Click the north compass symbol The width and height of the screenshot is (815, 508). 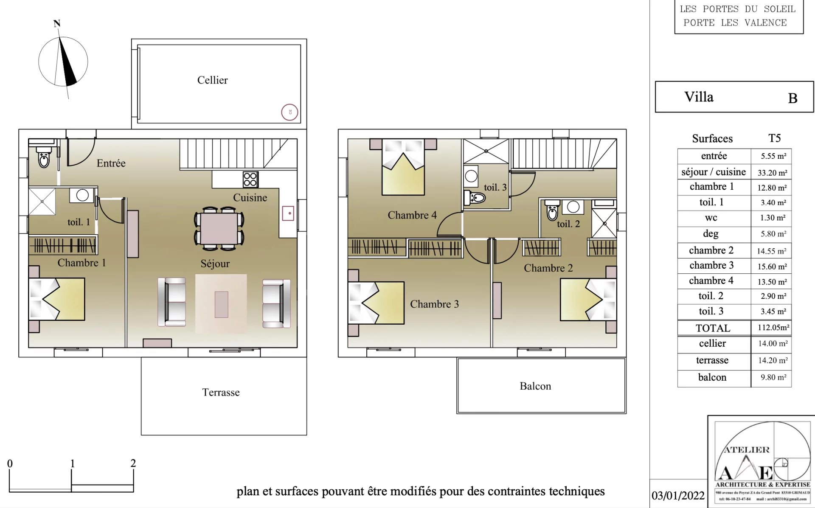coord(63,62)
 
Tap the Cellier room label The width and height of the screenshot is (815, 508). coord(212,80)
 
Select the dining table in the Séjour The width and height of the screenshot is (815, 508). coord(219,228)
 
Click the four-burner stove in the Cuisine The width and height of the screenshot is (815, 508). coord(250,180)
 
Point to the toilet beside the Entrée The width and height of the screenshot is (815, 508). coord(44,157)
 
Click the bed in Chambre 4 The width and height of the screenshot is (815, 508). coord(403,168)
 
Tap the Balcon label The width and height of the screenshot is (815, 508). coord(535,386)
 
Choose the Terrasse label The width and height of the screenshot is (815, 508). coord(221,393)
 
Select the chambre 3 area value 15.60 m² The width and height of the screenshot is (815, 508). coord(772,267)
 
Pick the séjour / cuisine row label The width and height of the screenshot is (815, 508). coord(713,172)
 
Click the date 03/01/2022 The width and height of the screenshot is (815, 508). coord(678,496)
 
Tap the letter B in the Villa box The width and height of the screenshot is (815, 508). coord(793,98)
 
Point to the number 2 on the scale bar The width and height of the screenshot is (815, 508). coord(133,463)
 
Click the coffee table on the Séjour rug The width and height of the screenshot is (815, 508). coord(221,304)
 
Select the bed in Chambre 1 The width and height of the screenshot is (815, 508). coord(57,299)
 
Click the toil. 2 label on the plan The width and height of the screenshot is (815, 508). coord(568,224)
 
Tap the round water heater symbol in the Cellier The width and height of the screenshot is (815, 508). coord(289,112)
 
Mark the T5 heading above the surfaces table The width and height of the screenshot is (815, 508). coord(774,138)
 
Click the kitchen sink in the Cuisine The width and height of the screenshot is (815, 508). coord(288,213)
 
